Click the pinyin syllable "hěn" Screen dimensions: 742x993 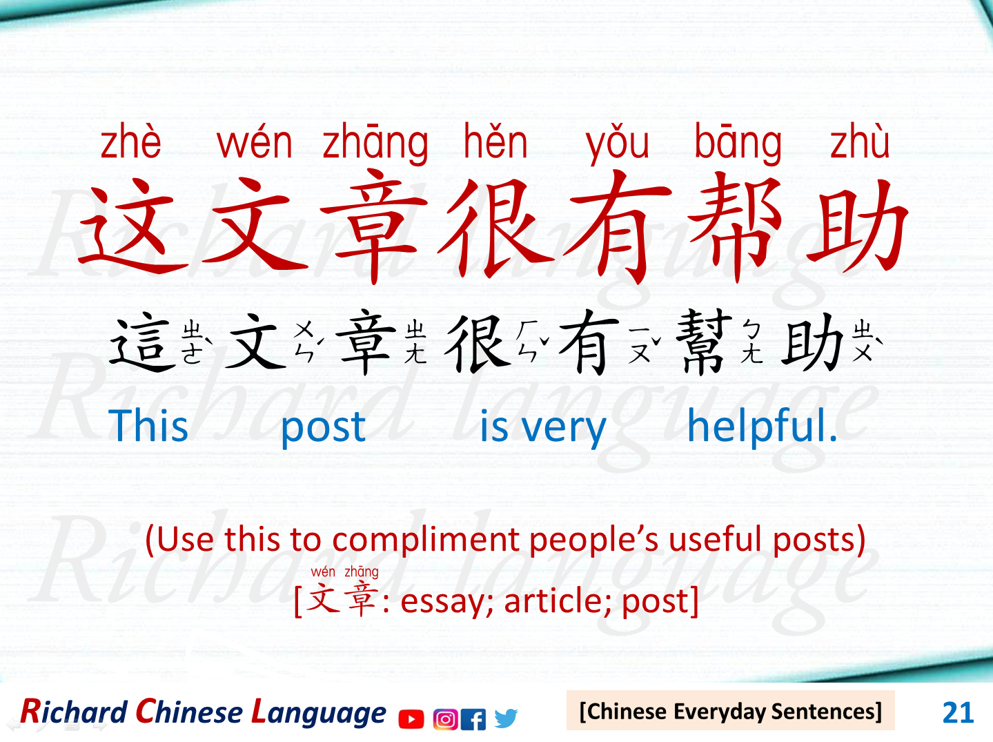(x=495, y=143)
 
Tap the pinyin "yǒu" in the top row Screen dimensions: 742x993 (x=618, y=144)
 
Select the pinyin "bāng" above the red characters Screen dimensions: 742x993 (x=738, y=144)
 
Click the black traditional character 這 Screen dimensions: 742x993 (x=142, y=343)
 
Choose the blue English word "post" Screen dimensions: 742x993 (x=323, y=427)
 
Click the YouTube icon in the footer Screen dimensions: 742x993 (x=411, y=719)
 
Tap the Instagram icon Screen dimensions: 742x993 (x=445, y=719)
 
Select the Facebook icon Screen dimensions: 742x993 (x=473, y=719)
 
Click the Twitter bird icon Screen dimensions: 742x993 (x=506, y=719)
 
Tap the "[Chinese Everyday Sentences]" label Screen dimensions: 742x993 (x=730, y=711)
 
